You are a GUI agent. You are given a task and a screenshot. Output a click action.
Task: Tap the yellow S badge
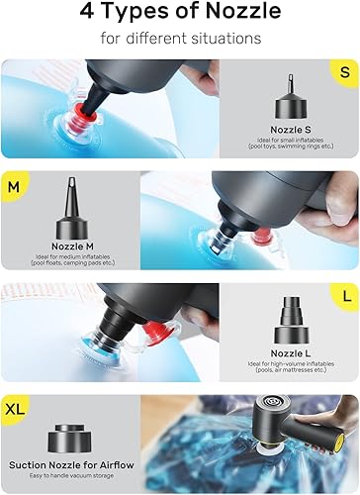pos(342,72)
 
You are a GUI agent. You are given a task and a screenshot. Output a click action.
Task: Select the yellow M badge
pos(14,185)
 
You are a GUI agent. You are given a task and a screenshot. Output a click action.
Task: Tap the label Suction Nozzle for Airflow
pos(71,463)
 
